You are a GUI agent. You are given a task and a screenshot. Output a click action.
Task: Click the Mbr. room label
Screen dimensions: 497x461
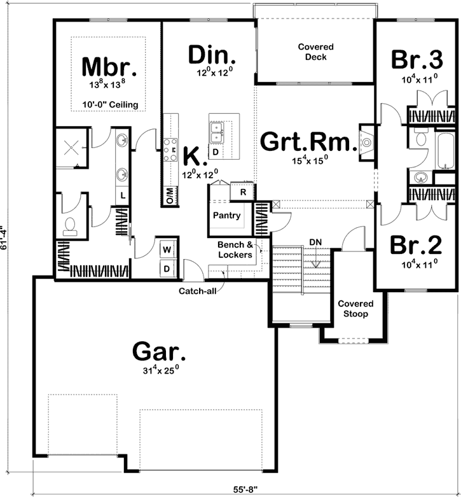(x=109, y=66)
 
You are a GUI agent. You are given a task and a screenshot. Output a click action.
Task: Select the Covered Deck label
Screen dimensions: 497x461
(x=315, y=52)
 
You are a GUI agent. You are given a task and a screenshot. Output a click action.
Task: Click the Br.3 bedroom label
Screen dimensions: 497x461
(x=416, y=60)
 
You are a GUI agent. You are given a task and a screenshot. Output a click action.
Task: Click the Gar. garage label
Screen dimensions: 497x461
(x=159, y=351)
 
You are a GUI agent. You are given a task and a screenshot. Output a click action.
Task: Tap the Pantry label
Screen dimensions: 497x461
(x=226, y=216)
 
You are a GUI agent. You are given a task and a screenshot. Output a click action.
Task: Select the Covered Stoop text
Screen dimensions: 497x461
(x=355, y=309)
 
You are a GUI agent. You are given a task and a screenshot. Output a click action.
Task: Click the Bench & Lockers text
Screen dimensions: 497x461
(x=235, y=249)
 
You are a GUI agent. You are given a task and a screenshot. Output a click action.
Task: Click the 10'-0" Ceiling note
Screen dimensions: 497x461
(x=110, y=104)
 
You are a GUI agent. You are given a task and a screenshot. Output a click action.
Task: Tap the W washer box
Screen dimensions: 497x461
(x=167, y=248)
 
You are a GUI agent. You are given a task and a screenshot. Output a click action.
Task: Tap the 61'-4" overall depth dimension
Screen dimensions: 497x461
(x=6, y=238)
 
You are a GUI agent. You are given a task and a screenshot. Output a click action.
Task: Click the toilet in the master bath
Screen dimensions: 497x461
(x=71, y=226)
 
